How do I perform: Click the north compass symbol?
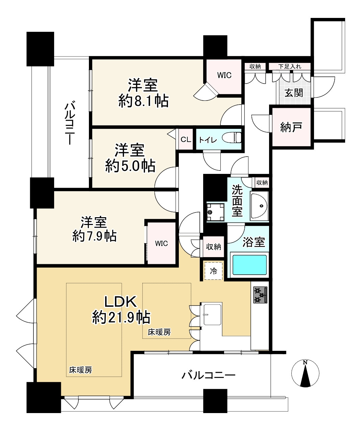[305, 373]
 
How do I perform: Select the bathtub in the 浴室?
[250, 265]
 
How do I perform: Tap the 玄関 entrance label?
[293, 92]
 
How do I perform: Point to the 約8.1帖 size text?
[143, 100]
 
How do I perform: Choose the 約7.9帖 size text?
[95, 236]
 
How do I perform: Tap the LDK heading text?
[120, 301]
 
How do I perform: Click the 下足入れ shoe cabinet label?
[289, 66]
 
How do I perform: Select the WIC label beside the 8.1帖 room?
[224, 75]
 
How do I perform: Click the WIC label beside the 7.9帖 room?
[161, 243]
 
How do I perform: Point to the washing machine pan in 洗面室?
[215, 212]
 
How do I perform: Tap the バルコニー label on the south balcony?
[208, 375]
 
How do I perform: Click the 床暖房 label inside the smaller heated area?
[159, 333]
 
